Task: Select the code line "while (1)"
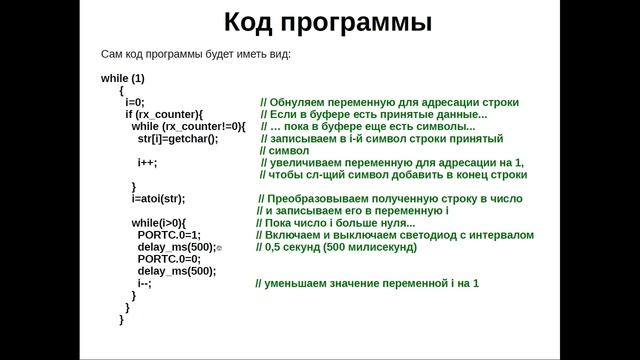tap(123, 78)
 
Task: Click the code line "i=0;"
tap(135, 102)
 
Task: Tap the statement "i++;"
tap(147, 162)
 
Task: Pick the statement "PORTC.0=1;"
tap(169, 234)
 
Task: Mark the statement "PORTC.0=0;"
tap(169, 258)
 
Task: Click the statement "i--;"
tap(145, 283)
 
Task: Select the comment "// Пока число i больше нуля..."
tap(343, 222)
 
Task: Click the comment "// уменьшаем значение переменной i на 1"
tap(367, 283)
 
